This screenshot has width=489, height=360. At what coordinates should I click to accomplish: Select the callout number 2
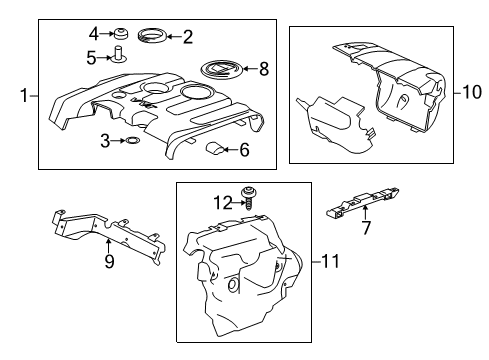pos(187,38)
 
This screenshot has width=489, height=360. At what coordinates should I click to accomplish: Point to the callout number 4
pos(94,32)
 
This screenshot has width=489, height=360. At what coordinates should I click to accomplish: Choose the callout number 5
pos(91,58)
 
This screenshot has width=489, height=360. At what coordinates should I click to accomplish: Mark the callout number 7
pos(366,229)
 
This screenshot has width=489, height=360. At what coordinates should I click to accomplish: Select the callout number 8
pos(265,69)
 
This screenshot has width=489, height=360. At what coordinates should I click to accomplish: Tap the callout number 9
pos(109,263)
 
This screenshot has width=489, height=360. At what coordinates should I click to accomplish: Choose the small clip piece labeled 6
pos(214,150)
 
